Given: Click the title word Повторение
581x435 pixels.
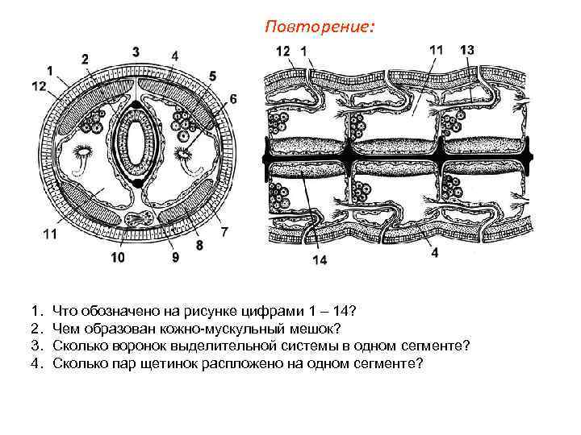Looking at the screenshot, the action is [x=319, y=27].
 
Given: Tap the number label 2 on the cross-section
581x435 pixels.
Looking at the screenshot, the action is [x=86, y=58].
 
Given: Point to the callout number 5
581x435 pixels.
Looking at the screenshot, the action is [x=212, y=76].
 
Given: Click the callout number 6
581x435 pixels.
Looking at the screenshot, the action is [x=232, y=98].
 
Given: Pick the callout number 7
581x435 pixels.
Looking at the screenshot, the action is [x=224, y=232].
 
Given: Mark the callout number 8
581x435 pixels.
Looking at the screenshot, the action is [x=199, y=245].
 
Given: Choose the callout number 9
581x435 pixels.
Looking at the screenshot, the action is [x=175, y=258].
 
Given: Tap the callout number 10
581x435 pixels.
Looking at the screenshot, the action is [x=118, y=259].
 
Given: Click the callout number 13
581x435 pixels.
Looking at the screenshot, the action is [x=467, y=50].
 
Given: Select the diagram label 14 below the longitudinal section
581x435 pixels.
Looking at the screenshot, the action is [x=320, y=260].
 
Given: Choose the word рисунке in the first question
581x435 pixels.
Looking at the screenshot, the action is [x=211, y=309].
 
